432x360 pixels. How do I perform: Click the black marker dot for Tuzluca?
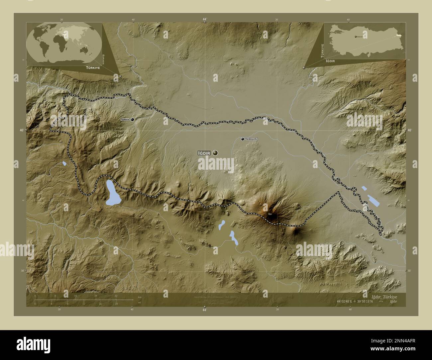pyautogui.click(x=133, y=119)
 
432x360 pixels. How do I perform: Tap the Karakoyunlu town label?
pyautogui.click(x=251, y=139)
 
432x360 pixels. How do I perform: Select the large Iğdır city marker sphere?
pyautogui.click(x=215, y=153)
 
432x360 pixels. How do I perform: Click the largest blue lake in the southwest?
pyautogui.click(x=112, y=193)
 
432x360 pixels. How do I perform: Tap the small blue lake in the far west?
pyautogui.click(x=64, y=163)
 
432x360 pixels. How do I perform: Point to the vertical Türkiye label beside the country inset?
pyautogui.click(x=321, y=50)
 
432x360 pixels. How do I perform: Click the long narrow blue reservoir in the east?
pyautogui.click(x=373, y=200)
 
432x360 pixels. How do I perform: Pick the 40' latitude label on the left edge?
pyautogui.click(x=22, y=130)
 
